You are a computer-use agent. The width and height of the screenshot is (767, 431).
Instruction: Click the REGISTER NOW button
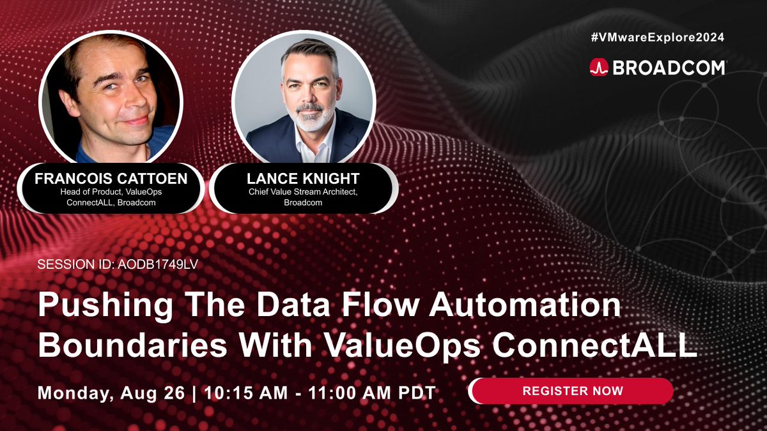click(572, 390)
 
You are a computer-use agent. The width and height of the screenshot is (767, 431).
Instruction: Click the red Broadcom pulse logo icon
click(599, 67)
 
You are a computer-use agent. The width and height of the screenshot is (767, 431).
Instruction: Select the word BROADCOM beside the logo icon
click(669, 68)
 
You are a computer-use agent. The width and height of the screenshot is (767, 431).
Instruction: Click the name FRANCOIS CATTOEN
click(111, 179)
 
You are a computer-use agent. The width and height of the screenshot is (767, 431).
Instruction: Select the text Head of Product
click(82, 193)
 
